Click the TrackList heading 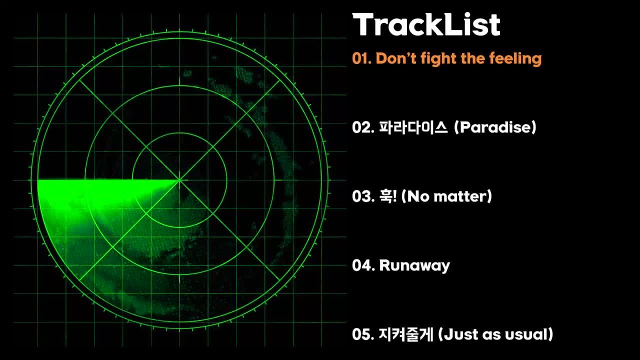pos(426,24)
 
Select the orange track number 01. pos(361,58)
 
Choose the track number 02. pos(363,127)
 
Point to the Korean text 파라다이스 pos(413,127)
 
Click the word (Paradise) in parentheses pos(495,127)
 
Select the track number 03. pos(363,196)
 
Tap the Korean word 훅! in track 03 pos(387,196)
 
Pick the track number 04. pos(363,265)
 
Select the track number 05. pos(363,334)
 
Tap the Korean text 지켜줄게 pos(406,334)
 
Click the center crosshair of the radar pos(179,180)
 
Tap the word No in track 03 pos(415,196)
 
